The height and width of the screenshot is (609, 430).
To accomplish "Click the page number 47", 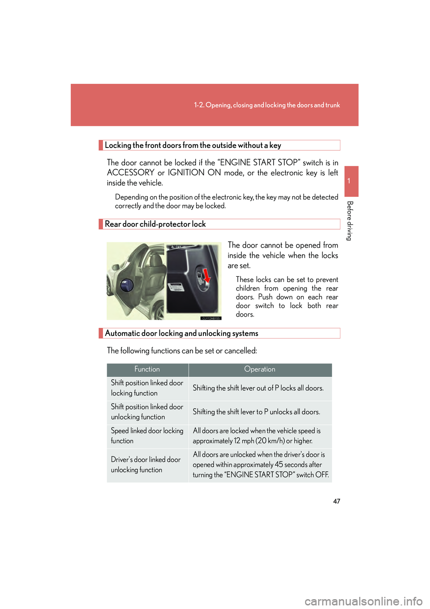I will pyautogui.click(x=336, y=501).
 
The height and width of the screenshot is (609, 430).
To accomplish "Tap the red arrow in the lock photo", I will pyautogui.click(x=206, y=275).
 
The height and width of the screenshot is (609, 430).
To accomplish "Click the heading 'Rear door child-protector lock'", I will pyautogui.click(x=155, y=224).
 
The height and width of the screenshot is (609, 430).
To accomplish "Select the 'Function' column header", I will pyautogui.click(x=147, y=370).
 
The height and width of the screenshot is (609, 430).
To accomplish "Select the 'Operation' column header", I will pyautogui.click(x=260, y=370).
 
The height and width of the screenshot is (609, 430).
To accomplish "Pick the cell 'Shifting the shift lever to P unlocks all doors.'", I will pyautogui.click(x=256, y=412).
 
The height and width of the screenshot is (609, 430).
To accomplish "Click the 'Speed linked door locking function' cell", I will pyautogui.click(x=147, y=436).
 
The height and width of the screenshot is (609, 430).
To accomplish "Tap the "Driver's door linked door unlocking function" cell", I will pyautogui.click(x=146, y=465).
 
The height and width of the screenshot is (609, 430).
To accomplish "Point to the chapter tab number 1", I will pyautogui.click(x=349, y=181).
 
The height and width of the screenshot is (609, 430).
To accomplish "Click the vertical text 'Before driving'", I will pyautogui.click(x=350, y=221).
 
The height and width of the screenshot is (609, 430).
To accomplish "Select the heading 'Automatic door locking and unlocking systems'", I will pyautogui.click(x=181, y=334).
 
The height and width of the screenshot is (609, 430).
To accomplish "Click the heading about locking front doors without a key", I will pyautogui.click(x=193, y=145).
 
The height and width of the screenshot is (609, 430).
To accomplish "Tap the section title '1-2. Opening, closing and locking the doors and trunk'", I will pyautogui.click(x=267, y=105).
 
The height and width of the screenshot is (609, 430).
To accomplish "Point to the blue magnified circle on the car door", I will pyautogui.click(x=127, y=285).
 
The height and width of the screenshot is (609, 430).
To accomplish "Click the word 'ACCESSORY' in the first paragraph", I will pyautogui.click(x=131, y=173).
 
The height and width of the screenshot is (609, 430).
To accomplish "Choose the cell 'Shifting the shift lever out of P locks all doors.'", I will pyautogui.click(x=258, y=388).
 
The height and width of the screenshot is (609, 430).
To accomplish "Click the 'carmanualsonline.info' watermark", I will pyautogui.click(x=363, y=601).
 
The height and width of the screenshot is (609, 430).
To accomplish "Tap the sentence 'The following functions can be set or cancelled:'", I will pyautogui.click(x=182, y=351).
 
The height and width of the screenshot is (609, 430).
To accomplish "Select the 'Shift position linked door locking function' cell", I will pyautogui.click(x=147, y=388).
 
